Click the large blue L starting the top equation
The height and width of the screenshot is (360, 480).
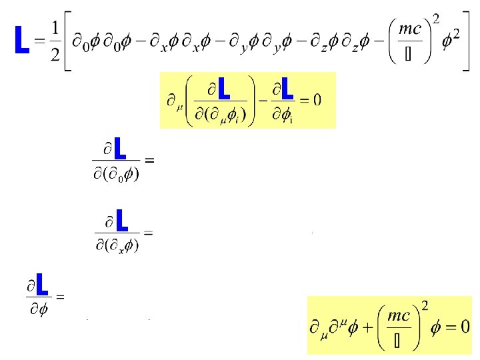pos(21,41)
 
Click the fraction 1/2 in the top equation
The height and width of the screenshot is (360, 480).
pos(54,42)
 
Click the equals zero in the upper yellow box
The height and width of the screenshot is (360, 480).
pos(309,99)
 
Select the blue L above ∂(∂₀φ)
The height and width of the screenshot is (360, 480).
pos(120,148)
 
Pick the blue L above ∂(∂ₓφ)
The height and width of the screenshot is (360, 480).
pos(121,219)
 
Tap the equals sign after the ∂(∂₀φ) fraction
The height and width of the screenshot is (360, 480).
pos(149,161)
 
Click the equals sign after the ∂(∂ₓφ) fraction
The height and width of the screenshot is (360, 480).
pos(148,232)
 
